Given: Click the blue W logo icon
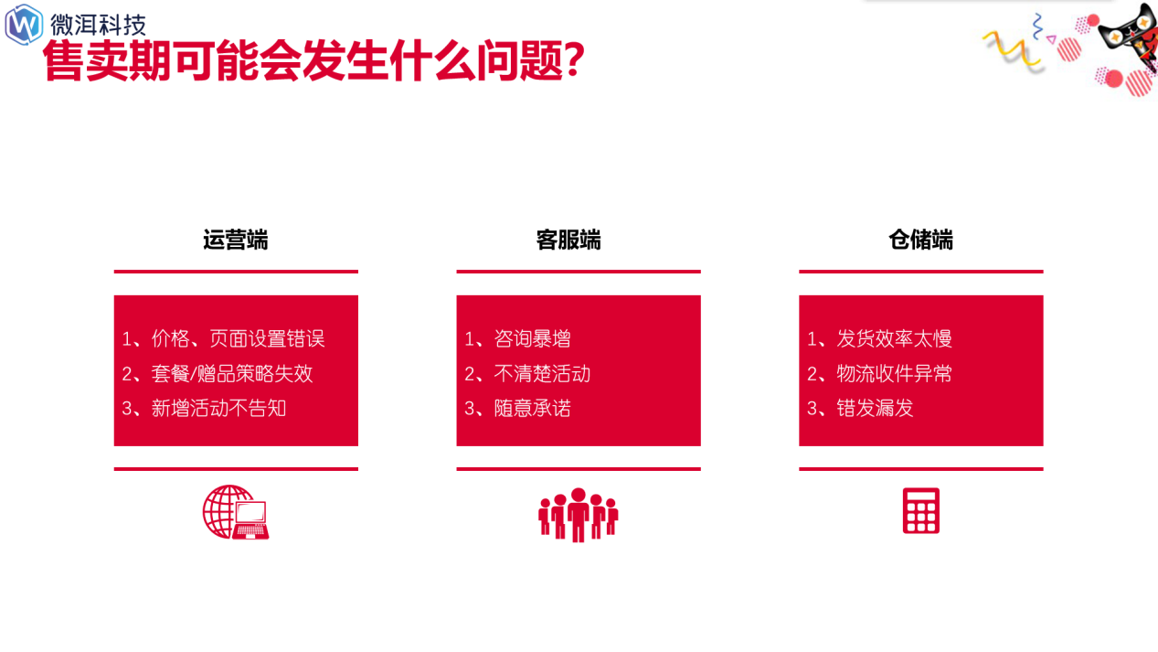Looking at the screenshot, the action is click(x=24, y=25).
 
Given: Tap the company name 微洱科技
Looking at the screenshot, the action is click(x=98, y=26).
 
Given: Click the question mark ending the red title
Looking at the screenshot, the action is click(x=574, y=60).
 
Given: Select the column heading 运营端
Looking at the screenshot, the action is click(x=236, y=240).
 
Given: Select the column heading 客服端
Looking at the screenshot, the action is click(x=568, y=240).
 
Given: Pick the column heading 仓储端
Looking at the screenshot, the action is click(x=921, y=240).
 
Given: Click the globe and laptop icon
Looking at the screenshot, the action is click(x=236, y=512).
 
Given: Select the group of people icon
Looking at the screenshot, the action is click(x=579, y=515).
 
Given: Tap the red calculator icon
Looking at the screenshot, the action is click(x=921, y=510).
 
